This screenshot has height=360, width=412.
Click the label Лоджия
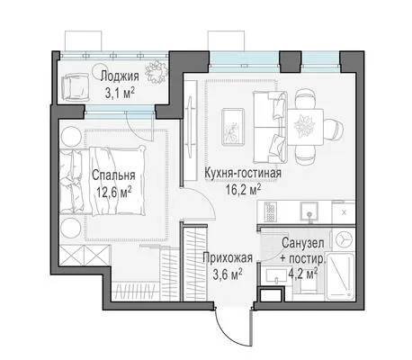pos(120,76)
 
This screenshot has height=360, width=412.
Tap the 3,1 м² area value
pos(120,94)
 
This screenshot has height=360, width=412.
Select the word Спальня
pos(113,175)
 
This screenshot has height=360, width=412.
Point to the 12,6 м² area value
pos(113,192)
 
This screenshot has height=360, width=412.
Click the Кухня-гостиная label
pos(243,173)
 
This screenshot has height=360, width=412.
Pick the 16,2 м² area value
pos(243,190)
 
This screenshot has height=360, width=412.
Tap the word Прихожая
pos(228,257)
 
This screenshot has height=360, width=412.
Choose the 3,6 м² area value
pos(228,274)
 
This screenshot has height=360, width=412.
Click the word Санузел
pos(303,243)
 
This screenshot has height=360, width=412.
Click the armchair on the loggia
pos(75,87)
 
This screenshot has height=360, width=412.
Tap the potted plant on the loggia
pos(157,72)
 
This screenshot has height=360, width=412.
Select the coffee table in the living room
pos(233,127)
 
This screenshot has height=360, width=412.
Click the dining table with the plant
pos(306,127)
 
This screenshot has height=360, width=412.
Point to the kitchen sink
pos(309,211)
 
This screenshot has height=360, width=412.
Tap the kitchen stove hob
pos(271,211)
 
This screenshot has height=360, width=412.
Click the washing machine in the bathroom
pos(344,239)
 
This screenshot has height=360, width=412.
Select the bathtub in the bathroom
pos(340,276)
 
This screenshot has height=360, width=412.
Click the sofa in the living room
pos(270,127)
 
